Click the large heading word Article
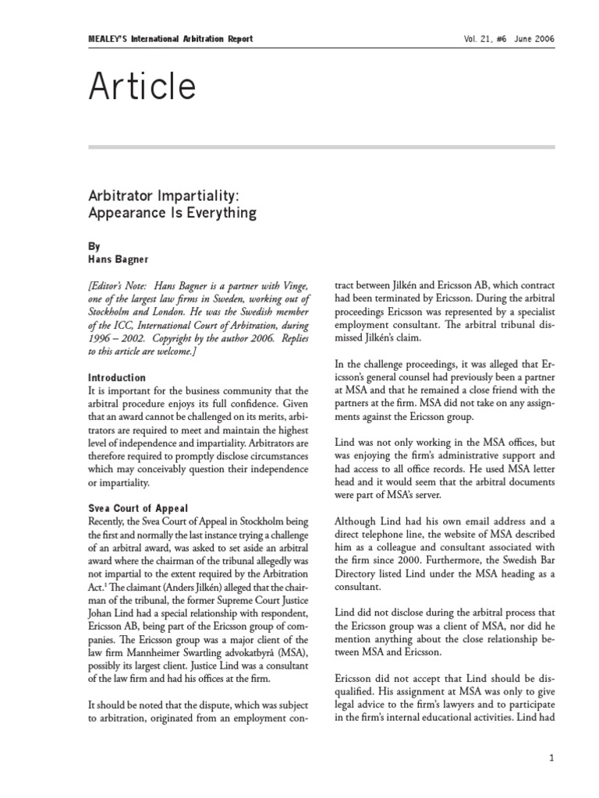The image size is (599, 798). click(142, 88)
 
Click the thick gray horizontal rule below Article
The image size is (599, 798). click(322, 147)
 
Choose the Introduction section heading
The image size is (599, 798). click(117, 377)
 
